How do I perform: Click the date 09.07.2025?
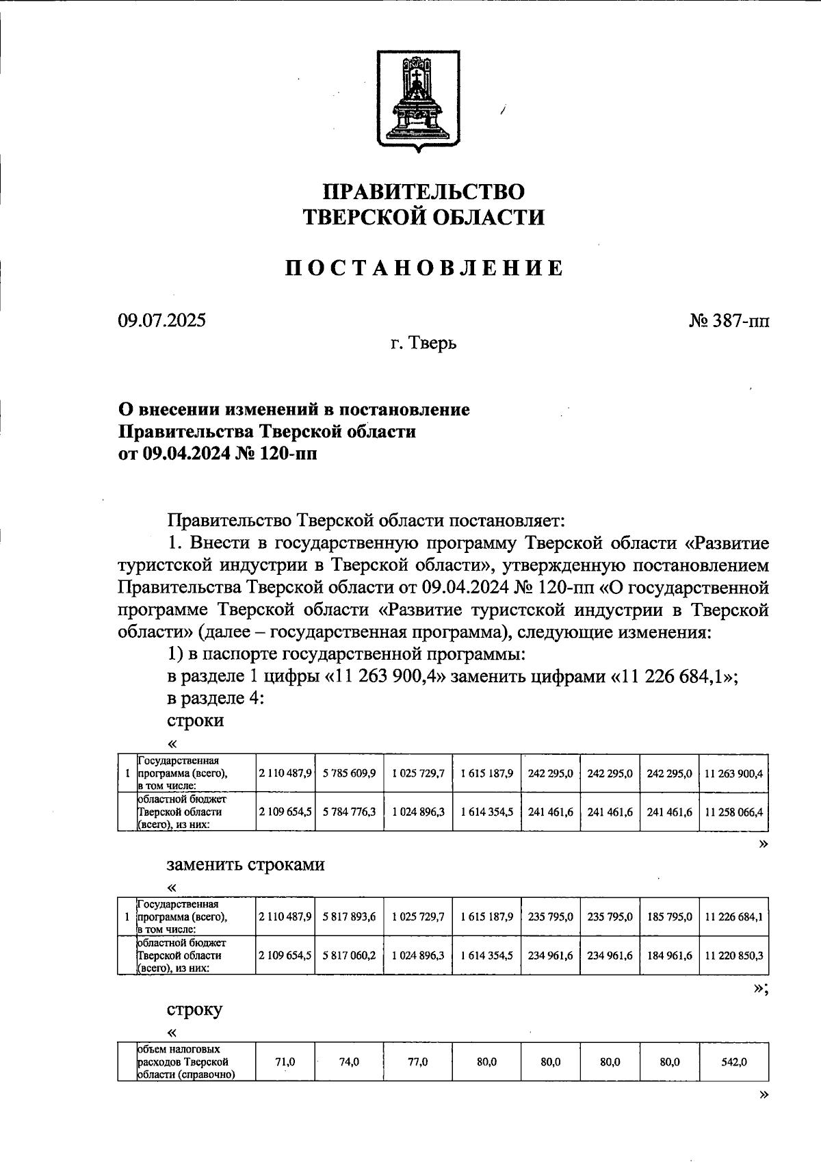pos(161,320)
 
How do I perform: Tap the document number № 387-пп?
pos(729,320)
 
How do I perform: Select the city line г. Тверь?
pos(423,342)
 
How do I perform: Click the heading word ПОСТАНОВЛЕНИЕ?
pos(424,268)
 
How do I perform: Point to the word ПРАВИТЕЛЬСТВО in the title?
pos(424,192)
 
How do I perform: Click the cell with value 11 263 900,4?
pos(733,773)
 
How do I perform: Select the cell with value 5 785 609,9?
pos(349,773)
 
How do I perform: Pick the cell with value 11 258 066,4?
pos(733,812)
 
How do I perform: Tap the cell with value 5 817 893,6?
pos(349,916)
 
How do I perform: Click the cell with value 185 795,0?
pos(669,916)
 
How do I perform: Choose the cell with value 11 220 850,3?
pos(733,955)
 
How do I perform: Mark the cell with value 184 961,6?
pos(669,955)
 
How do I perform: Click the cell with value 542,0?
pos(733,1061)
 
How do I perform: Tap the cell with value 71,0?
pos(285,1061)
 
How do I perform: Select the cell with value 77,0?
pos(417,1061)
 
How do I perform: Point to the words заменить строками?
pos(246,864)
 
